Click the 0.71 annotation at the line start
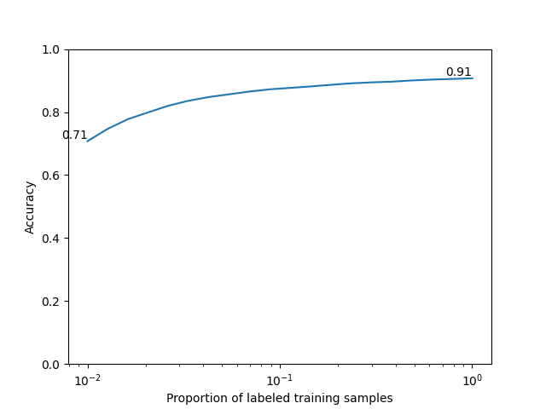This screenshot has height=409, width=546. click(74, 135)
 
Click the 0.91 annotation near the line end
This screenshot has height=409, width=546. click(458, 72)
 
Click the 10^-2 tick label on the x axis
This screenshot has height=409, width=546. click(87, 379)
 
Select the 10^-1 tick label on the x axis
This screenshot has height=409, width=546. click(280, 379)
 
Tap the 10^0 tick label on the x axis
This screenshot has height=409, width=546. click(472, 379)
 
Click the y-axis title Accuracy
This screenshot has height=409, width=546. click(31, 207)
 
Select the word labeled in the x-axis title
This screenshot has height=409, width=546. click(270, 399)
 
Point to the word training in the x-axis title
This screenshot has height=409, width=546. click(322, 399)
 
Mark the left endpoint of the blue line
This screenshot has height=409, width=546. click(87, 141)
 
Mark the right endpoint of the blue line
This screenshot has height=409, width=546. click(472, 78)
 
